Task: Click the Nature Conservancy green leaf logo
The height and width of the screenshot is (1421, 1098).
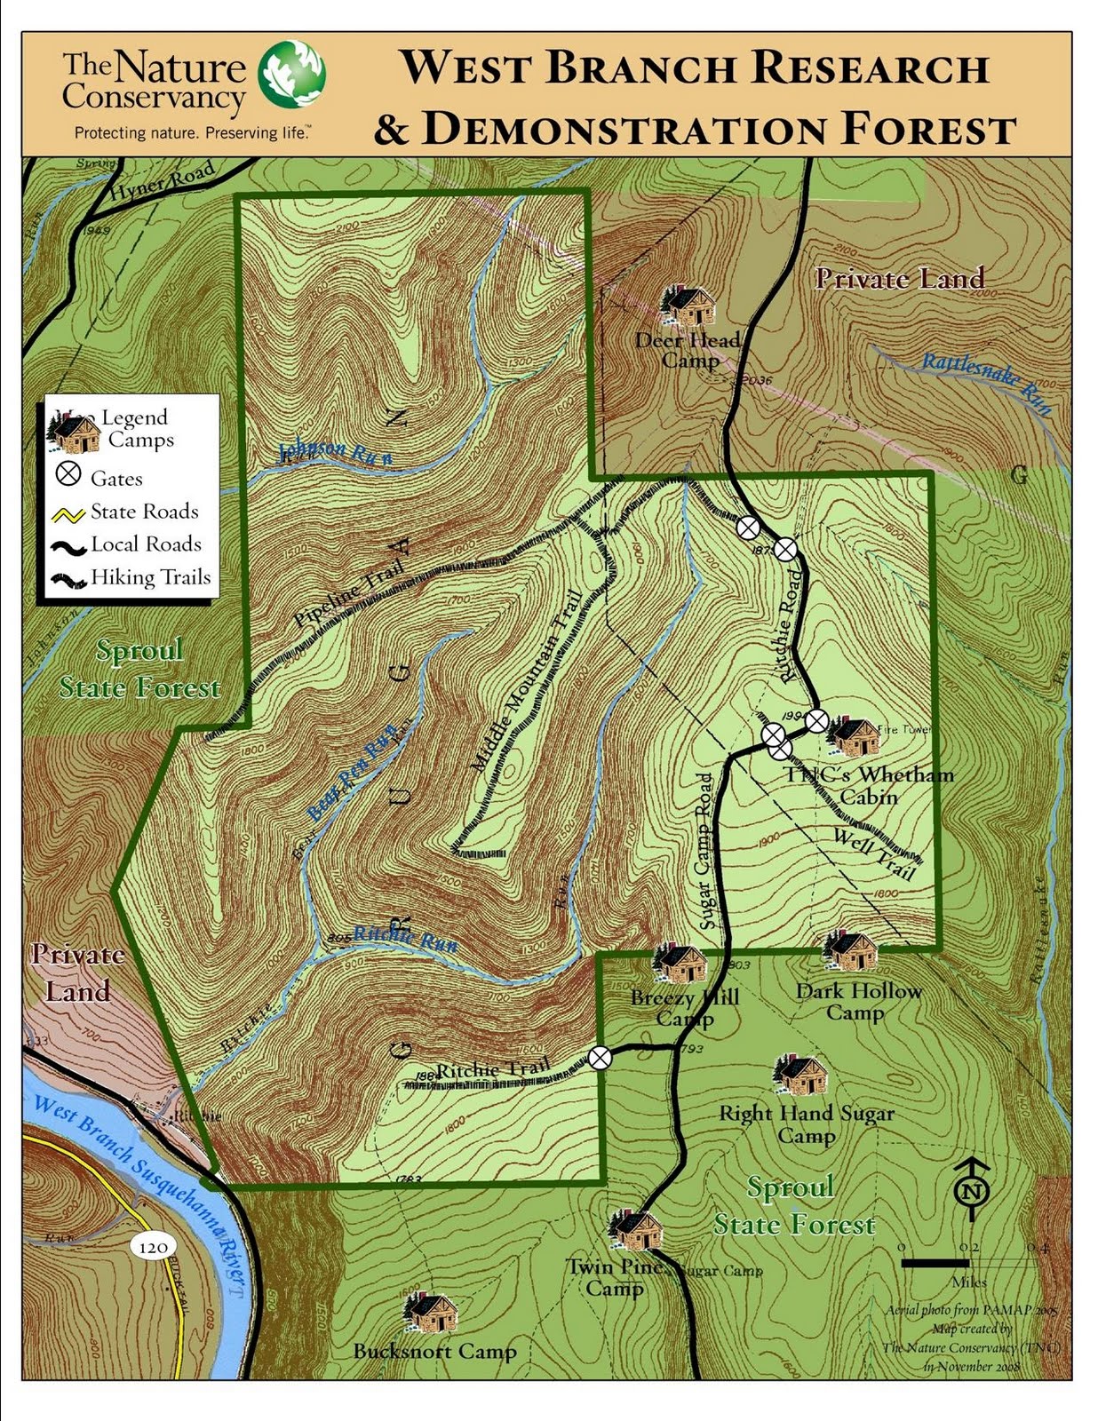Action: [291, 74]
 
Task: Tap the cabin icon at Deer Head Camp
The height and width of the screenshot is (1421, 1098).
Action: [688, 306]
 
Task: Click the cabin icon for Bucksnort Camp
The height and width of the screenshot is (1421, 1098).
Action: [432, 1312]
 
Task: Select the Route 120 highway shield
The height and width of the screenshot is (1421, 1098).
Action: [153, 1247]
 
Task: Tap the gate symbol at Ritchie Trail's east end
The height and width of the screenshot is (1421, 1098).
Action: [601, 1058]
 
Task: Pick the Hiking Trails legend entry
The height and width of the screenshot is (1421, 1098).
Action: [133, 578]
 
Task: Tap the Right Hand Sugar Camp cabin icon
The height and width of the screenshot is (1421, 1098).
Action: [801, 1076]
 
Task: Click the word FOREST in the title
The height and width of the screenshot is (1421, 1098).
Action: [927, 130]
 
